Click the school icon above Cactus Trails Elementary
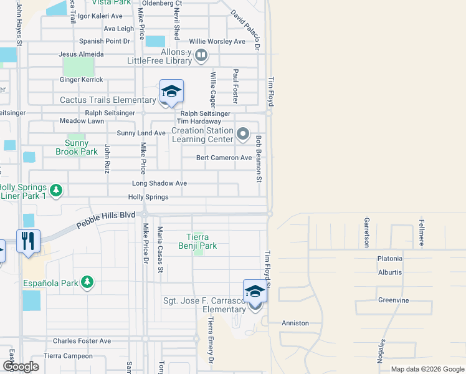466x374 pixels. coord(171,92)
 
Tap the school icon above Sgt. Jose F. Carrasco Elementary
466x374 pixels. coord(255,292)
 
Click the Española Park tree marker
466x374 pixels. coord(87,283)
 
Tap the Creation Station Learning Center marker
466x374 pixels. coord(243,132)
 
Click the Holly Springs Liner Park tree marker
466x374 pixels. coord(56,189)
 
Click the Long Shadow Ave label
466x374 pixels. coord(159,184)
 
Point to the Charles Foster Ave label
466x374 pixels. coord(82,341)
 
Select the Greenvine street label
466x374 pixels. coord(393,300)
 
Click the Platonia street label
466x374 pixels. coord(390,259)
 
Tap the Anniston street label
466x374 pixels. coord(295,323)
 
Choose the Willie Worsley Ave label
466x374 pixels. coord(217,41)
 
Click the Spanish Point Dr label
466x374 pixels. coord(105,41)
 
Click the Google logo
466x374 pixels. coord(20,367)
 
